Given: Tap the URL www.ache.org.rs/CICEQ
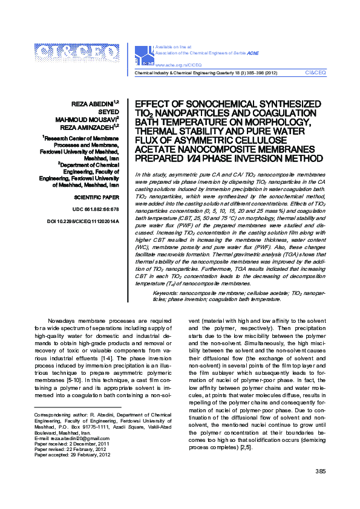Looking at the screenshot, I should coord(178,64).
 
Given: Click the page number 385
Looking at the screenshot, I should coord(321,488).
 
